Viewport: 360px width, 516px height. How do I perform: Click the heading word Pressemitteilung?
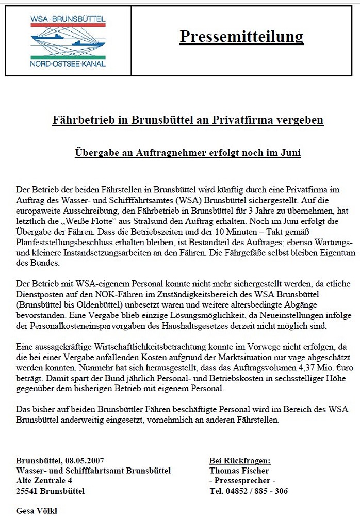coord(241,37)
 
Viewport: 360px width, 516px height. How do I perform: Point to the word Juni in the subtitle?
coord(289,153)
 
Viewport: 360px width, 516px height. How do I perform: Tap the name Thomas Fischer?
coord(239,471)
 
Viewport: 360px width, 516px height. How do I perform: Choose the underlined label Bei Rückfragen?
coord(239,461)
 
